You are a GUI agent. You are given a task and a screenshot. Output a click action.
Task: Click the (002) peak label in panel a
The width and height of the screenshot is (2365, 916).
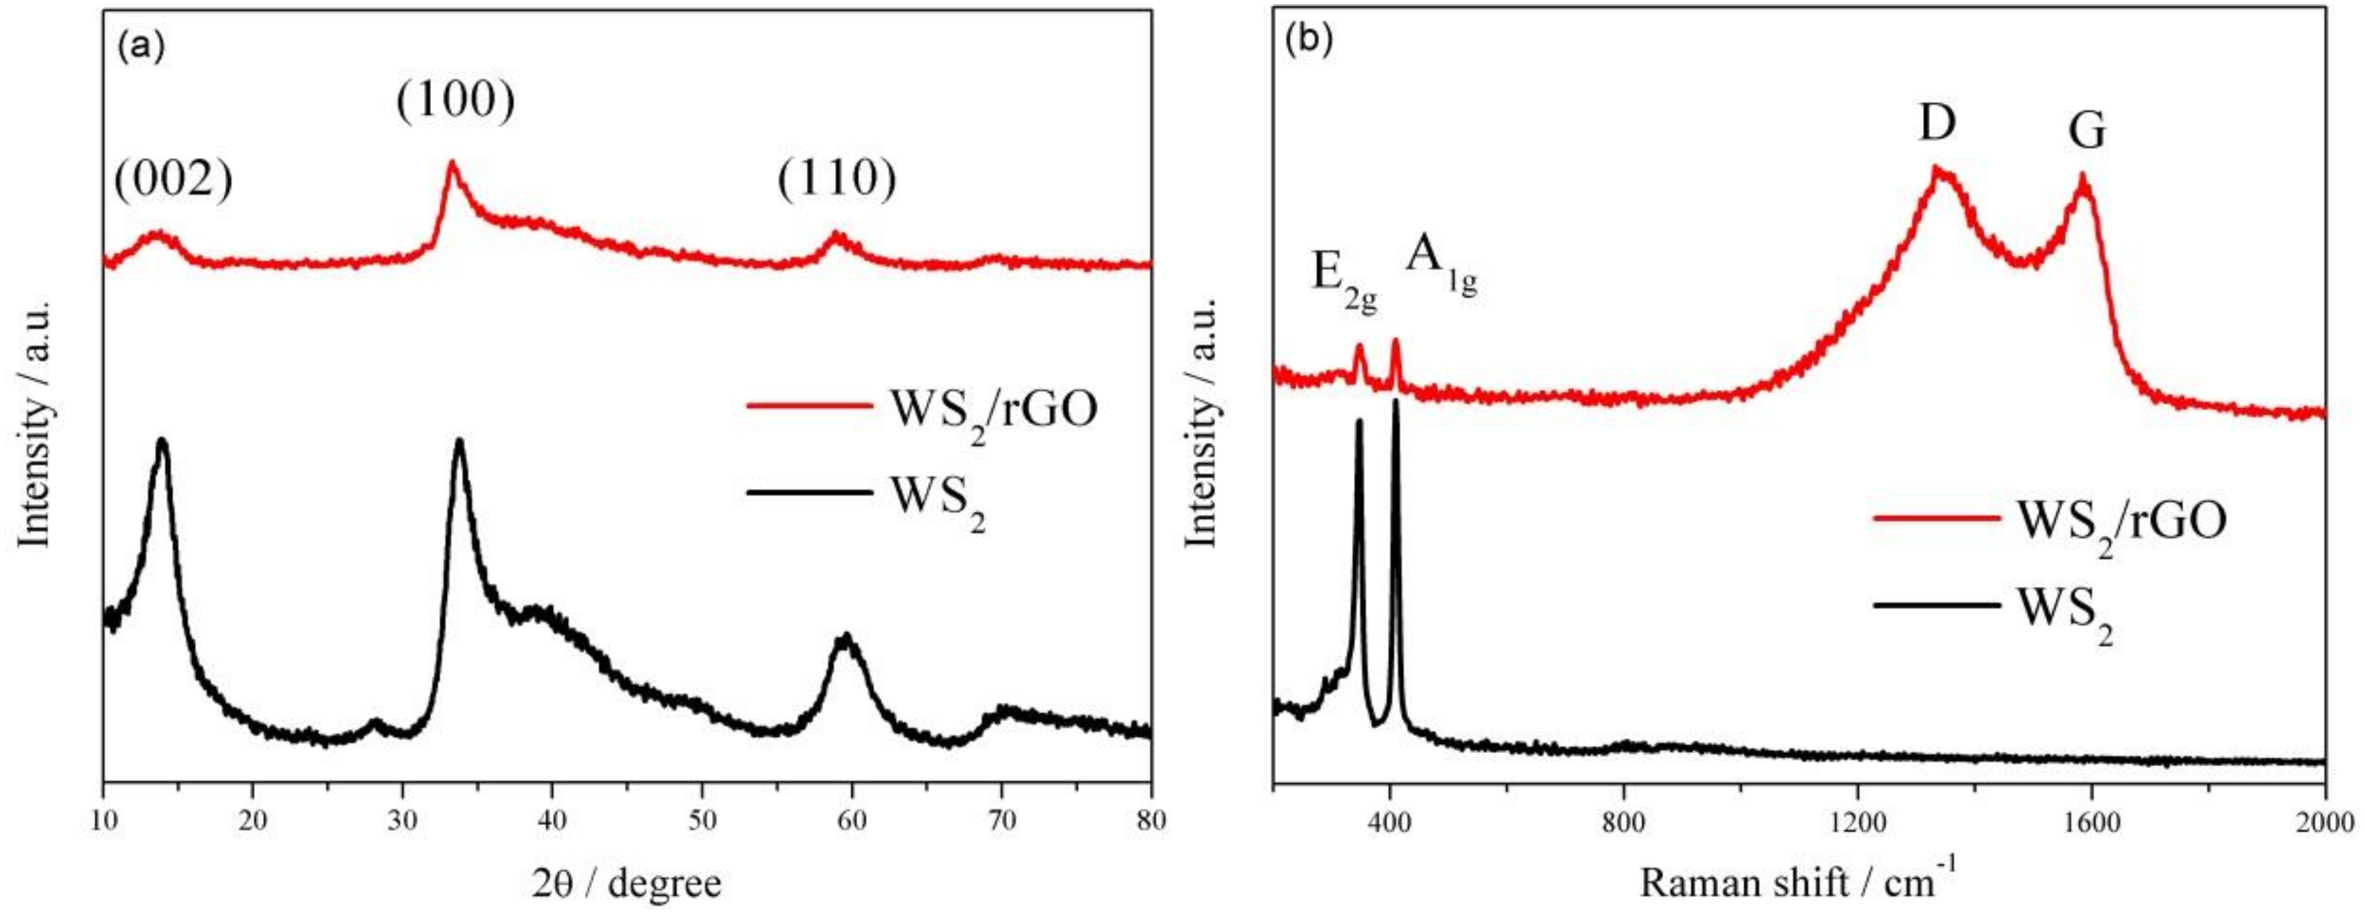tap(173, 181)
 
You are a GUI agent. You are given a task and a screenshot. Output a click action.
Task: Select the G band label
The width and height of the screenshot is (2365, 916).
tap(2086, 131)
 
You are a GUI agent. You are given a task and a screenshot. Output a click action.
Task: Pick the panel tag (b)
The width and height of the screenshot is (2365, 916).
tap(1309, 42)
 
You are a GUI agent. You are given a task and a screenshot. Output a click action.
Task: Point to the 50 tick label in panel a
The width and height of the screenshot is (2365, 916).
tap(702, 820)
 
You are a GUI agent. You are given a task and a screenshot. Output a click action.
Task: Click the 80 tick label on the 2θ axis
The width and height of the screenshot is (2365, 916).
tap(1148, 820)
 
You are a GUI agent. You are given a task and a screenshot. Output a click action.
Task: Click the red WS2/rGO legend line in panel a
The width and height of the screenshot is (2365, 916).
tap(809, 405)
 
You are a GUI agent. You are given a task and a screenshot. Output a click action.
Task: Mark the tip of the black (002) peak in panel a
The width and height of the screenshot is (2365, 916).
tap(162, 441)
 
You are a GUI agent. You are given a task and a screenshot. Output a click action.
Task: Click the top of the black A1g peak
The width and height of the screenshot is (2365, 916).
tap(1396, 401)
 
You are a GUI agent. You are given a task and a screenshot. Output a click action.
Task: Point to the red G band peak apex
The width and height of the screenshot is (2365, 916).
tap(2083, 176)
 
